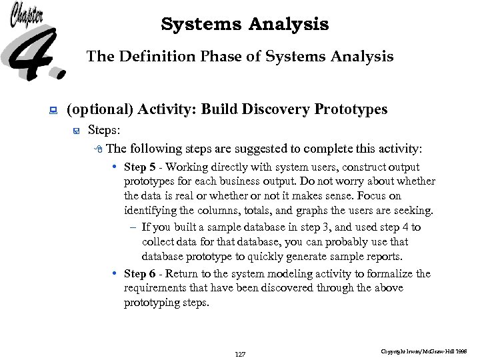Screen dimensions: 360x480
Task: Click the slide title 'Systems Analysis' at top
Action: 245,25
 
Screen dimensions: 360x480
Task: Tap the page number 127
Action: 240,354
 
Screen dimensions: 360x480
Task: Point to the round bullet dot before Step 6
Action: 116,274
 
